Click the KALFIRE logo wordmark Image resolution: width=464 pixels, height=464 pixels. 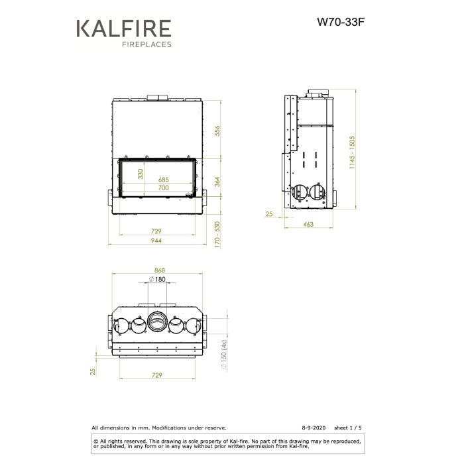(124, 30)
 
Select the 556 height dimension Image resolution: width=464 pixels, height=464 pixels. (216, 131)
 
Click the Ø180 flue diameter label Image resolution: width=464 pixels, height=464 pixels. (157, 280)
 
